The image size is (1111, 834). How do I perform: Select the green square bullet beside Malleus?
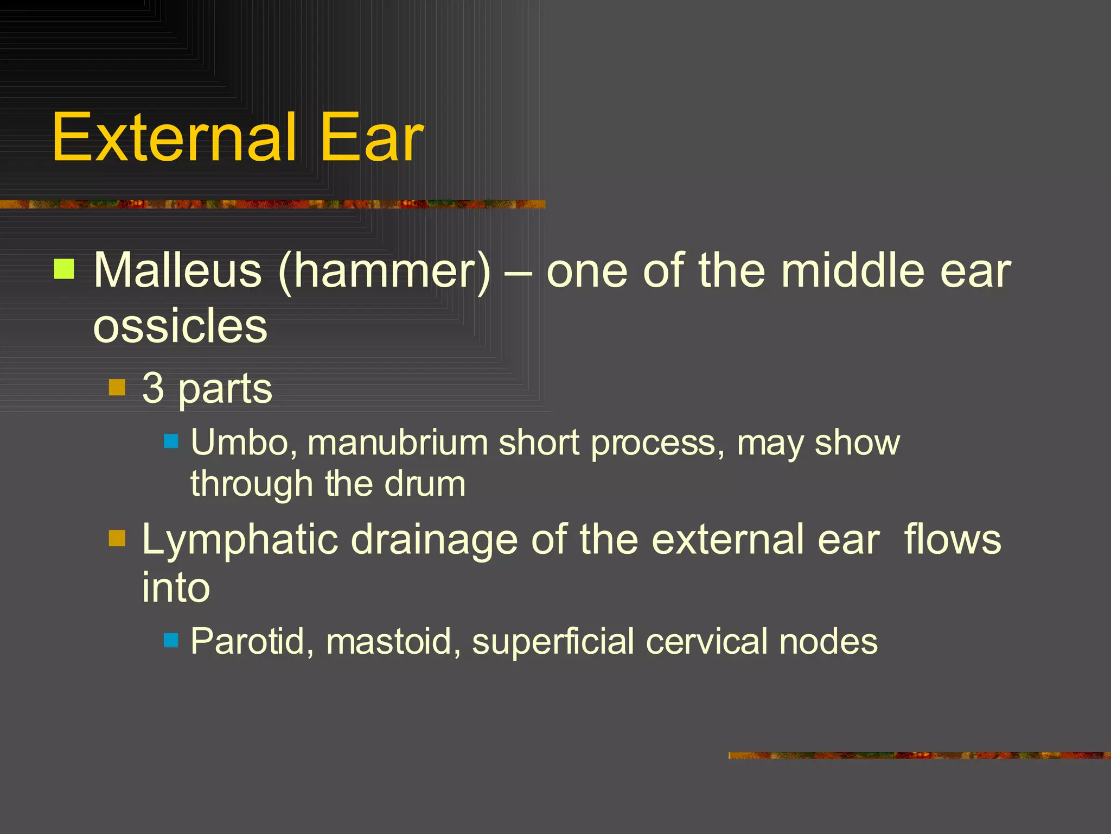(64, 269)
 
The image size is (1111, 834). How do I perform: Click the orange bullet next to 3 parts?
(117, 388)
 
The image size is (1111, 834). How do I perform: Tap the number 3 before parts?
(153, 388)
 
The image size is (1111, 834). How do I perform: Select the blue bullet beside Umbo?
(171, 440)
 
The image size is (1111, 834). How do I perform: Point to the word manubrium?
(398, 442)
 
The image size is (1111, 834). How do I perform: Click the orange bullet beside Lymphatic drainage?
(117, 538)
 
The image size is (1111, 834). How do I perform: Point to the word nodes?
(828, 641)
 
